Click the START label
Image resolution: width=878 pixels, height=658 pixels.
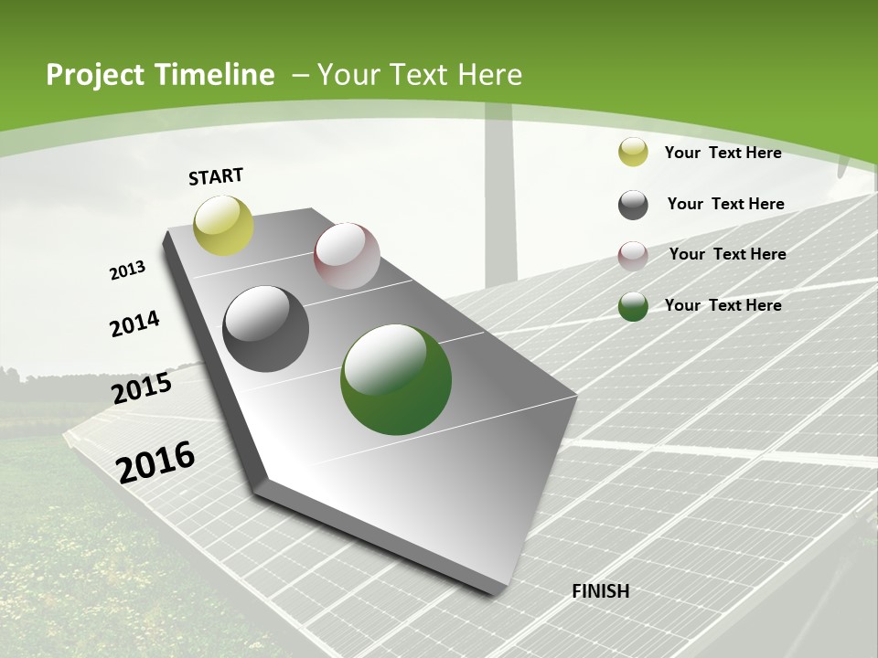pos(216,176)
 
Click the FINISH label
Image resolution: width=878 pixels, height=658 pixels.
pos(600,591)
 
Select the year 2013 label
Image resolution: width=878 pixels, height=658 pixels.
pos(127,271)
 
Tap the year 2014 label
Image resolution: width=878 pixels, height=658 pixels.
pos(134,324)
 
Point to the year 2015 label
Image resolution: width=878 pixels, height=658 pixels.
pos(142,388)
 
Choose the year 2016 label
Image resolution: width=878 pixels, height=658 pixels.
pos(155,462)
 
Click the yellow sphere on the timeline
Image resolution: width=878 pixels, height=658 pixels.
pos(224,225)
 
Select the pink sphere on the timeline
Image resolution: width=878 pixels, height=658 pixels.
pos(347,256)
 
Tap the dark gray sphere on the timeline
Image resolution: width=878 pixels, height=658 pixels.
pos(266,329)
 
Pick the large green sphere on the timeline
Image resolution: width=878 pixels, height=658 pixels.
pos(396,379)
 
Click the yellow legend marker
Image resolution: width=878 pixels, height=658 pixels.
pos(633,153)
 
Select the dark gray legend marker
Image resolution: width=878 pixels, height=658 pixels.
pos(633,205)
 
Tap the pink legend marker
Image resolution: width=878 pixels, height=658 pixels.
pos(633,256)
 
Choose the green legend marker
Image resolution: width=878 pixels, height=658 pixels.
pos(633,306)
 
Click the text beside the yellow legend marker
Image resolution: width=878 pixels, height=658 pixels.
pos(723,153)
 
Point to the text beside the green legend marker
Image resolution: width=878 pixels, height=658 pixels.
pos(723,305)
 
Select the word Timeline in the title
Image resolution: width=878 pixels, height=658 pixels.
pos(217,75)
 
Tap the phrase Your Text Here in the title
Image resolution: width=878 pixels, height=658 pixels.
pos(419,75)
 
